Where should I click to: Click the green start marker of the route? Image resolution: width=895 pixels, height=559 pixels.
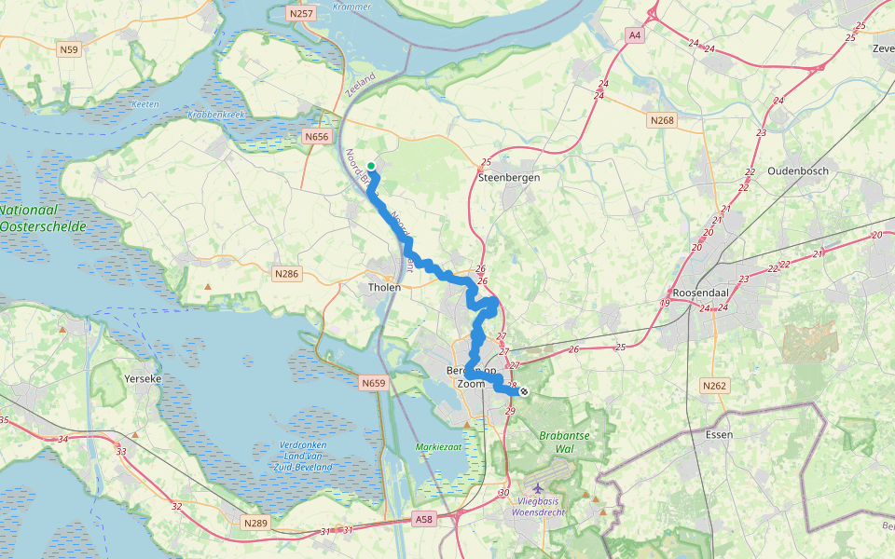tap(371, 166)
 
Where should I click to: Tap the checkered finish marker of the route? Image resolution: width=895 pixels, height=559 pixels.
tap(525, 392)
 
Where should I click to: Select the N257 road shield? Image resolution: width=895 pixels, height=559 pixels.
tap(301, 14)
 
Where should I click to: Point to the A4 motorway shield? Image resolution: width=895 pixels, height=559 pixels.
tap(635, 34)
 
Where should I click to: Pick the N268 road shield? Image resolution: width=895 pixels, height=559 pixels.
tap(661, 120)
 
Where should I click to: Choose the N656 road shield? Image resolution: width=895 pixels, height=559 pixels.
tap(317, 136)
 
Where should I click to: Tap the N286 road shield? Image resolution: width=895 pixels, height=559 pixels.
tap(286, 274)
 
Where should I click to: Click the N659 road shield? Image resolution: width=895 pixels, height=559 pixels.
tap(372, 382)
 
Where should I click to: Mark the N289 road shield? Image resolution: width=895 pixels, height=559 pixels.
tap(255, 523)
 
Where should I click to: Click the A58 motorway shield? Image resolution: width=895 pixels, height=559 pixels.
tap(423, 518)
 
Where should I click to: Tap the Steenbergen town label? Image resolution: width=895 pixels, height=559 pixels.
tap(508, 176)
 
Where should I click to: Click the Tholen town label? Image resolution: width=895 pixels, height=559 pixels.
tap(384, 287)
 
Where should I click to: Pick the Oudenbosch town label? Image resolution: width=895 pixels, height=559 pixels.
tap(798, 170)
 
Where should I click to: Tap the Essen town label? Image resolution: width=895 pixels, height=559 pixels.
tap(720, 434)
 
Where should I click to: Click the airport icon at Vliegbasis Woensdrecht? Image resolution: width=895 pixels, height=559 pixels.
tap(538, 488)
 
